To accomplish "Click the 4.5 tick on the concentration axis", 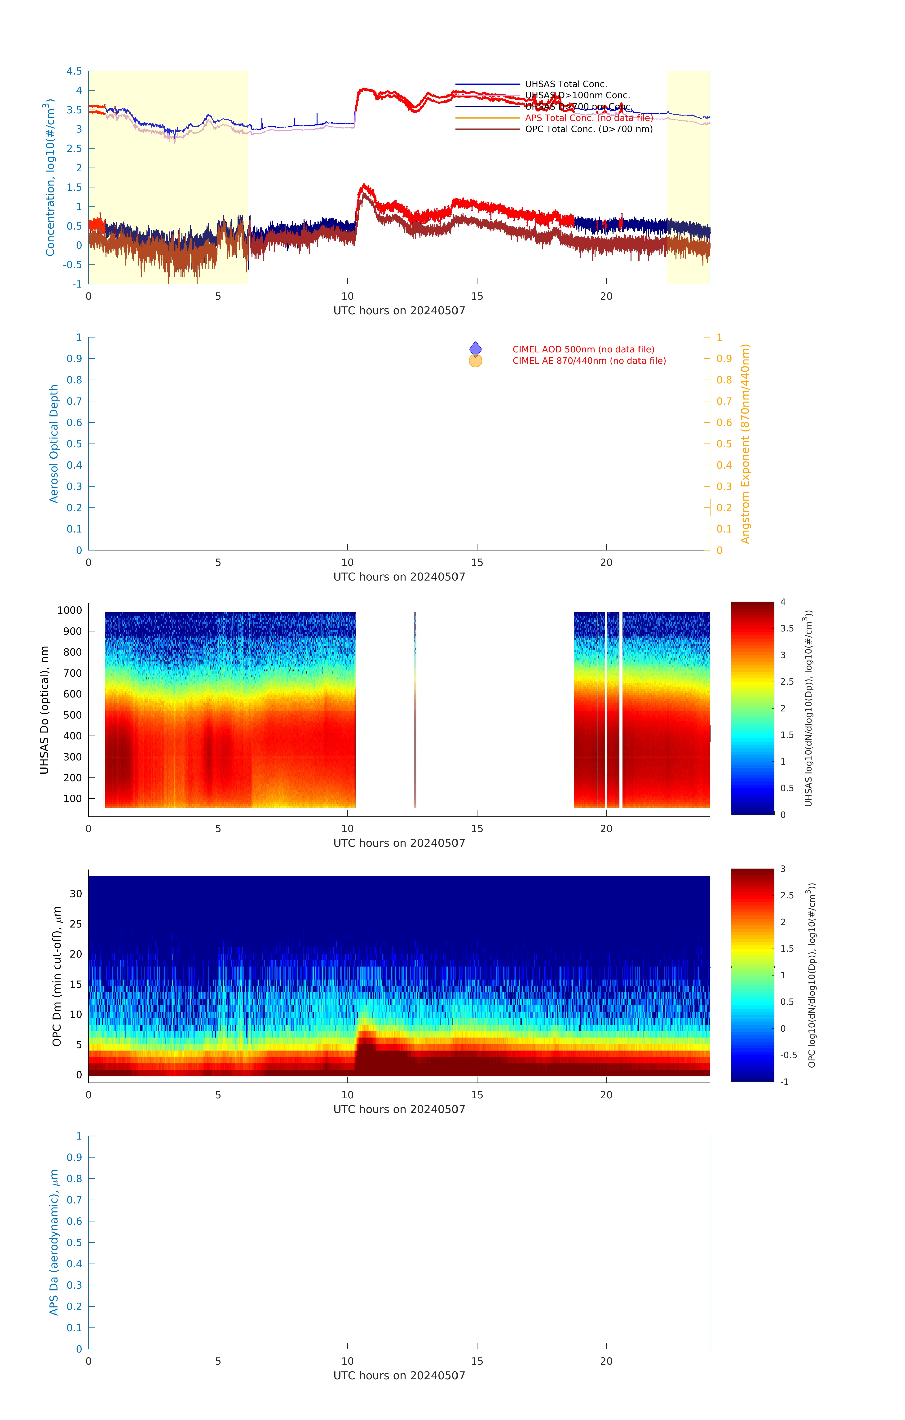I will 74,71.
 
